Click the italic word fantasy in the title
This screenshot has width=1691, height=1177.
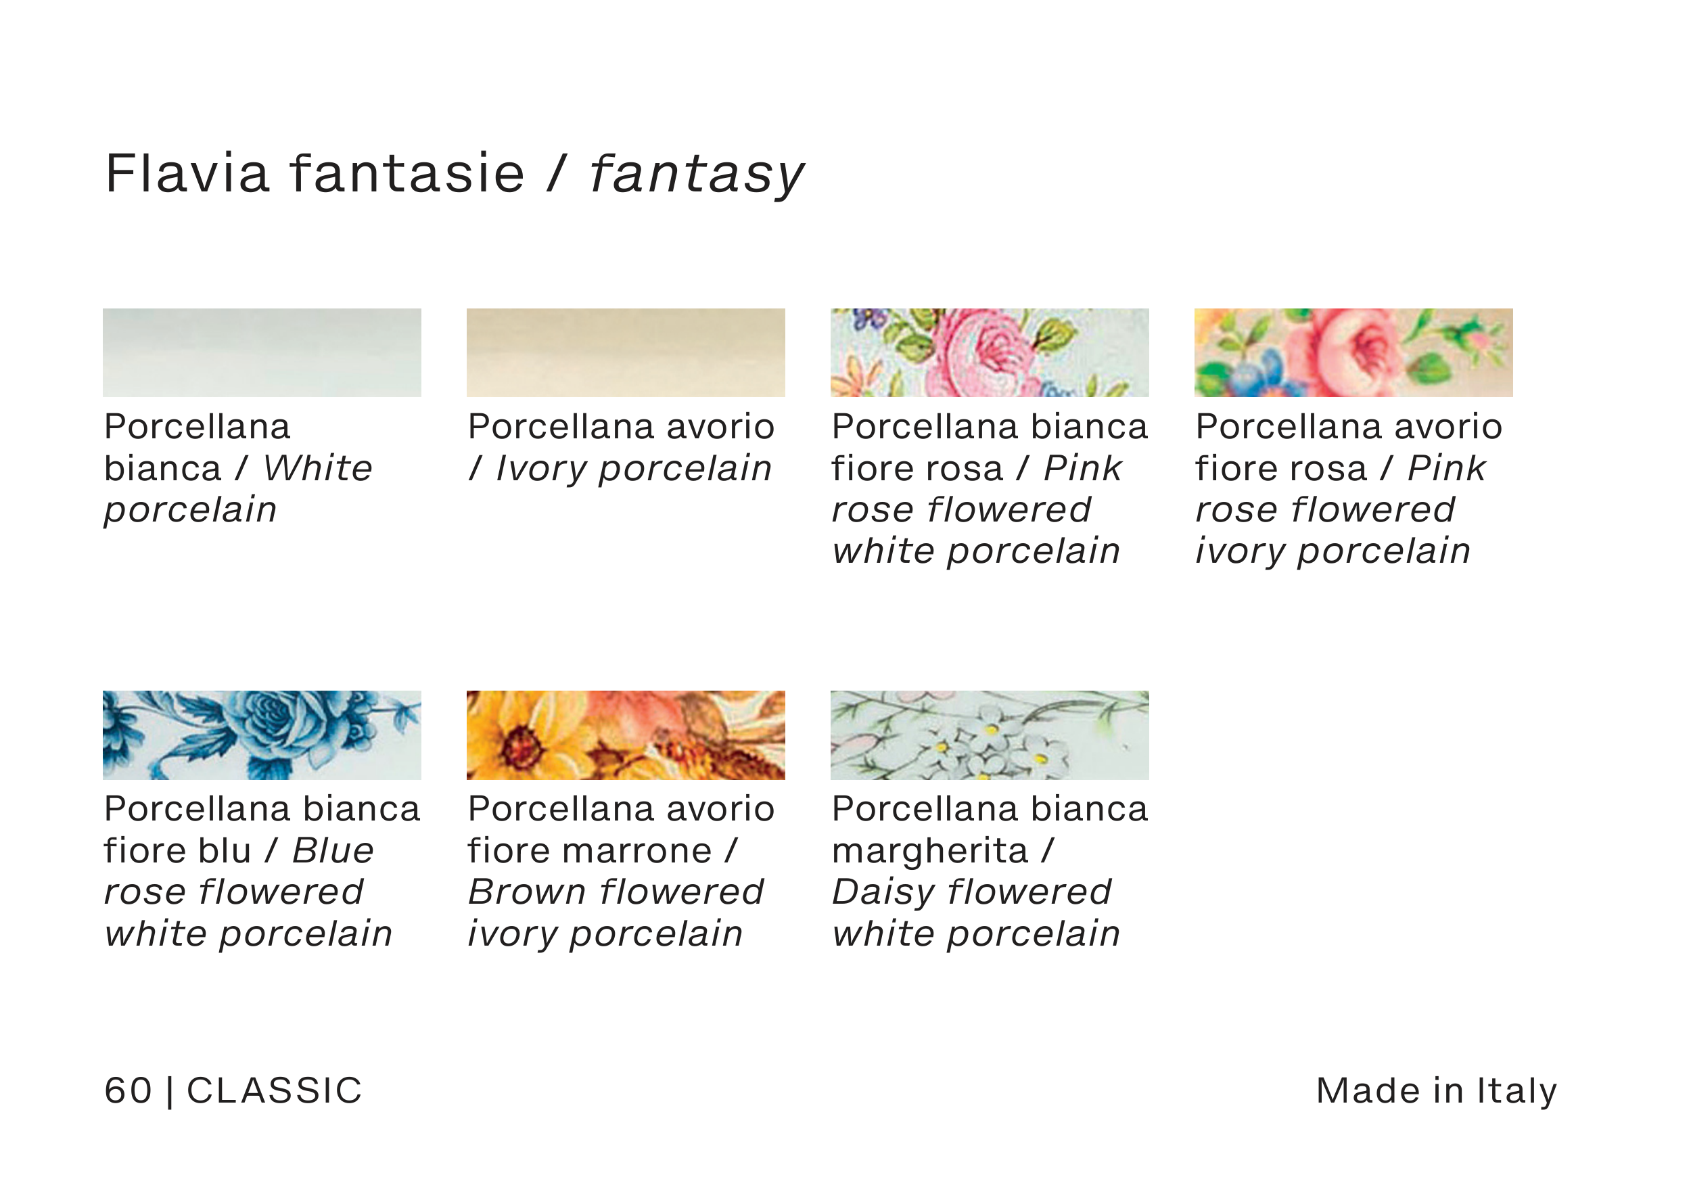696,177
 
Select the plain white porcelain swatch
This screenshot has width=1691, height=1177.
262,353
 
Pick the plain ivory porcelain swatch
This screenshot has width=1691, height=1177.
625,353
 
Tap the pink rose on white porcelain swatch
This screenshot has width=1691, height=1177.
989,353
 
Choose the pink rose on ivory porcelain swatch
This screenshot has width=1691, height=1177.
1353,353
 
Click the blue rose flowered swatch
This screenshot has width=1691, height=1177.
262,735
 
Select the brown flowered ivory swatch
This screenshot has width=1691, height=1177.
625,735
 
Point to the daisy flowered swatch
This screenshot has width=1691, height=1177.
989,735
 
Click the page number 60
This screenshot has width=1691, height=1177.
128,1091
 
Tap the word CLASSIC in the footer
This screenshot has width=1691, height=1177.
274,1091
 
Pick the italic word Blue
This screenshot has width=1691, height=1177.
333,851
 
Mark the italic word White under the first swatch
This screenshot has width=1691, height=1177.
318,469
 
